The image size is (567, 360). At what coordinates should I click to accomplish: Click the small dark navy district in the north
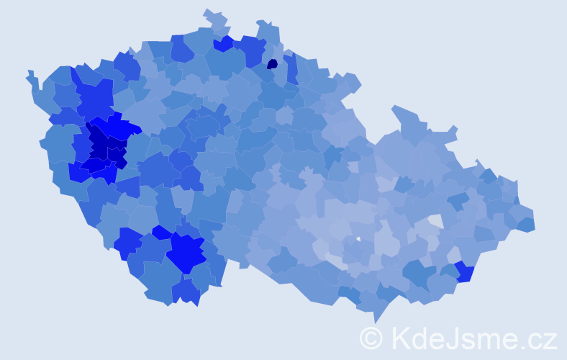pyautogui.click(x=272, y=63)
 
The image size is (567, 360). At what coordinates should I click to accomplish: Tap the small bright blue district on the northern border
pyautogui.click(x=223, y=43)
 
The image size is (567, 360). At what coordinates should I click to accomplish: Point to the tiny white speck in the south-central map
pyautogui.click(x=358, y=238)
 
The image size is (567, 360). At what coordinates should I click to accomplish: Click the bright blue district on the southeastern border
pyautogui.click(x=464, y=272)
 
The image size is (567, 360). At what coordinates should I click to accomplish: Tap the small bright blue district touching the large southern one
pyautogui.click(x=162, y=233)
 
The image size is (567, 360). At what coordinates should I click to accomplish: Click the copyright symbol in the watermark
pyautogui.click(x=371, y=338)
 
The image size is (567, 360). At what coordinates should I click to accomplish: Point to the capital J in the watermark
pyautogui.click(x=455, y=338)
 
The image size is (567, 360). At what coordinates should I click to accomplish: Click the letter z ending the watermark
pyautogui.click(x=550, y=340)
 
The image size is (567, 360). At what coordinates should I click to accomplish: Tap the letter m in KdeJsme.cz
pyautogui.click(x=491, y=340)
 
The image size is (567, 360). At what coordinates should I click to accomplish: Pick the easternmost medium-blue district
pyautogui.click(x=526, y=224)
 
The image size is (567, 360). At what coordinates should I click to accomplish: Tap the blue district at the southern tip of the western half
pyautogui.click(x=186, y=291)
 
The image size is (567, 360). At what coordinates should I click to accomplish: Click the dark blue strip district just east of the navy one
pyautogui.click(x=292, y=69)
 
